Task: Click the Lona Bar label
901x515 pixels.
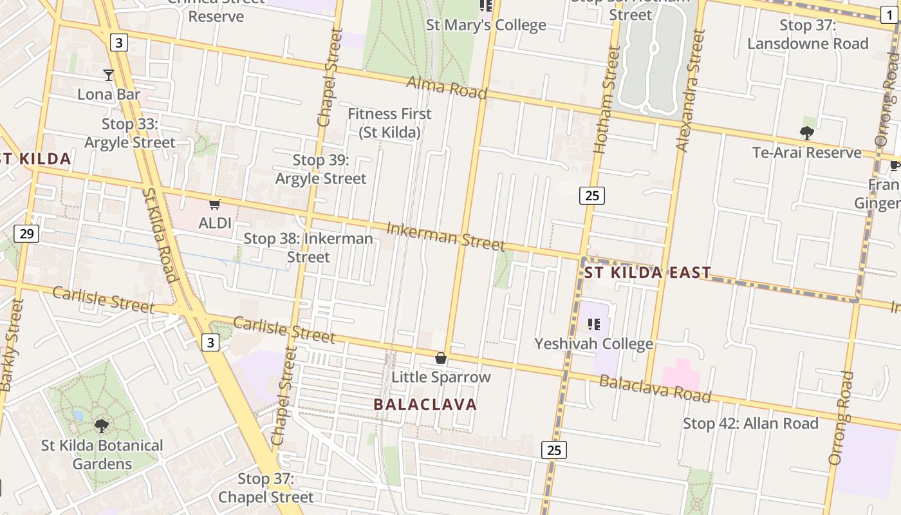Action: [x=109, y=95]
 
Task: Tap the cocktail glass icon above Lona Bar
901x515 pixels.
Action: [x=109, y=75]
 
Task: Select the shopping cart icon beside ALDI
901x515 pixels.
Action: [x=215, y=205]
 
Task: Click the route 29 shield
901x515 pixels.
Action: [x=26, y=233]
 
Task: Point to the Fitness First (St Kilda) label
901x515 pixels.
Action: [x=389, y=123]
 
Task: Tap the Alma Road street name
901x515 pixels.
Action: [x=447, y=88]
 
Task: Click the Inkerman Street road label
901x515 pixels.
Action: [x=445, y=236]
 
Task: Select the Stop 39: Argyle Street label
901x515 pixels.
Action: [x=320, y=169]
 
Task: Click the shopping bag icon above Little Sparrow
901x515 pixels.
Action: [x=441, y=358]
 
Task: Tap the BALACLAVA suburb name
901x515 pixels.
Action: [x=425, y=405]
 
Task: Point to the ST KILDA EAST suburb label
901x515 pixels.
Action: [x=647, y=273]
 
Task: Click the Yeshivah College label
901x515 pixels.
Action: [x=593, y=344]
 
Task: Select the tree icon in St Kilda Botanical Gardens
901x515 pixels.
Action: [x=101, y=426]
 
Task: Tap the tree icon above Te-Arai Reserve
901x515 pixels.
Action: [x=806, y=133]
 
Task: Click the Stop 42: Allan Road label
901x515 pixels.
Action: [x=750, y=424]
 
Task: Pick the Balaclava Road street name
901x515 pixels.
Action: [x=655, y=389]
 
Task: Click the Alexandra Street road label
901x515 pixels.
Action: [x=691, y=90]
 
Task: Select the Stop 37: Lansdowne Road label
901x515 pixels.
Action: [x=808, y=35]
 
